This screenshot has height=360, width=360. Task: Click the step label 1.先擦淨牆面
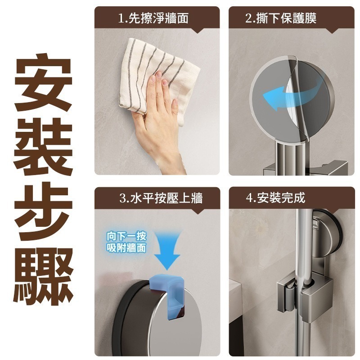tap(153, 18)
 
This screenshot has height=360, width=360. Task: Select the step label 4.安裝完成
tap(275, 198)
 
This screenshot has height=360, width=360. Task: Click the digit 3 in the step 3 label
tap(122, 198)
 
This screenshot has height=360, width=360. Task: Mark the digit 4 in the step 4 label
tap(248, 198)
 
